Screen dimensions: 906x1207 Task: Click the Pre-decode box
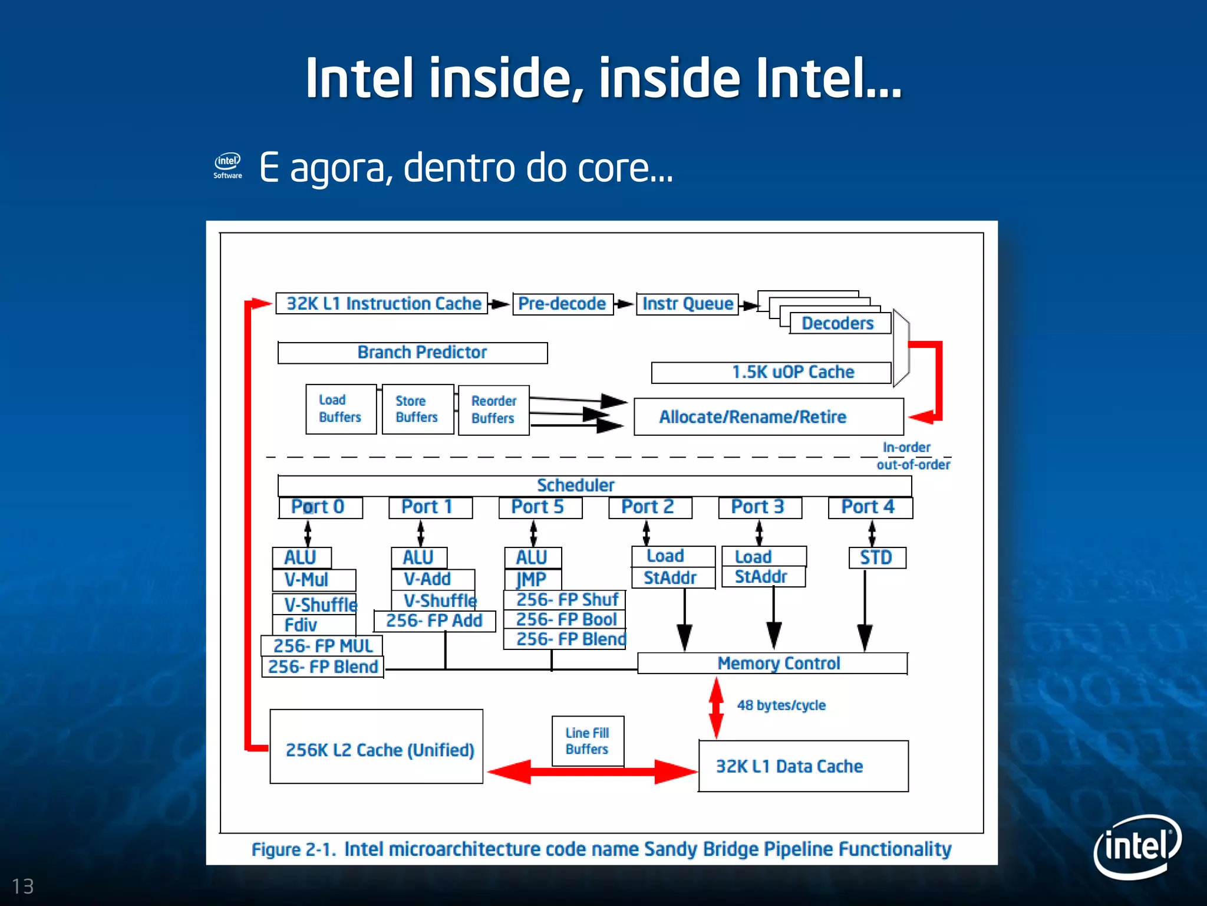[x=562, y=304]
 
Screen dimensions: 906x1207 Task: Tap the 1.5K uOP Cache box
[x=771, y=373]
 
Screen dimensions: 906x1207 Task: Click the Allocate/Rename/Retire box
[x=768, y=417]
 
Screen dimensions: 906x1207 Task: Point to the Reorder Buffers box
[x=493, y=410]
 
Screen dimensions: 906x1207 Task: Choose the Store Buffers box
[x=417, y=409]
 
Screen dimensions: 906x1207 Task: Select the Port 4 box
[x=870, y=507]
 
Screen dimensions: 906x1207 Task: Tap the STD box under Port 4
[x=876, y=557]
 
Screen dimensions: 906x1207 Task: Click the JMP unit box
[x=533, y=579]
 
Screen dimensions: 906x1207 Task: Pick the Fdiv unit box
[x=314, y=625]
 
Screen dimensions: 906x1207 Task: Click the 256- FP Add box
[x=434, y=621]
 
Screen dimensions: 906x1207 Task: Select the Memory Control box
[x=772, y=663]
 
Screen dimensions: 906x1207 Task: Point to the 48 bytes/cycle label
[x=781, y=705]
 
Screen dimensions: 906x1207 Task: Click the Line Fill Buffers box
[x=587, y=741]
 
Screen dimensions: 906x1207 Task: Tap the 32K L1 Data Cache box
[x=803, y=766]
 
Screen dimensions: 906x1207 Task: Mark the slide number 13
[x=23, y=886]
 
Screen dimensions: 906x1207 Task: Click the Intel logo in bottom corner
[x=1137, y=845]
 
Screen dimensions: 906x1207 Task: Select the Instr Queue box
[x=687, y=304]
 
